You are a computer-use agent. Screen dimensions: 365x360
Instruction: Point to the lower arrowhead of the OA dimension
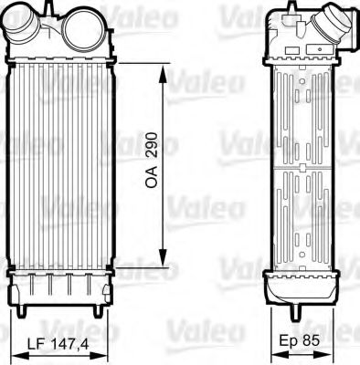[164, 259]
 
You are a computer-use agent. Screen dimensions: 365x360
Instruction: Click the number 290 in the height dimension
[152, 148]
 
